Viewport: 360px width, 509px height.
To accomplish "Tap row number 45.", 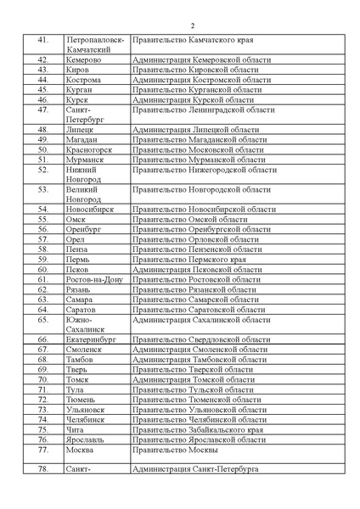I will click(x=42, y=88).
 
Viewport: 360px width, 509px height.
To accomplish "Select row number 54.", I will click(x=42, y=209).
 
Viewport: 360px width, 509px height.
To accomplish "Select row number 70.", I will click(x=42, y=379).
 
